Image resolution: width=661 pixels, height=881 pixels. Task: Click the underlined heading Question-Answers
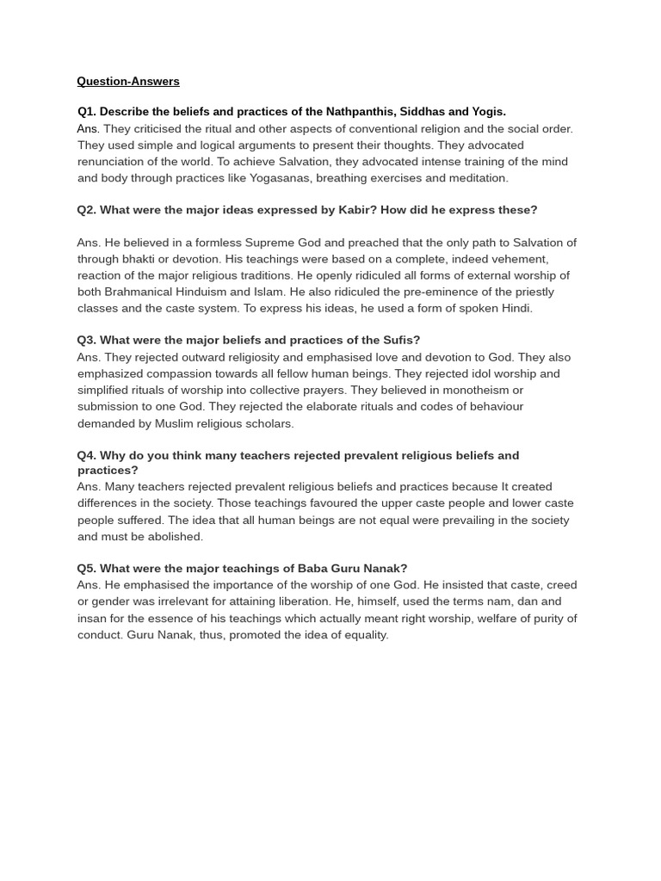point(128,82)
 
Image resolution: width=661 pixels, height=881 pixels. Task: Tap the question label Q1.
point(87,112)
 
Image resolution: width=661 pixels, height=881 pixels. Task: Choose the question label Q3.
point(86,341)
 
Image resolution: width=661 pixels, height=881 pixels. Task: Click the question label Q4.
point(86,455)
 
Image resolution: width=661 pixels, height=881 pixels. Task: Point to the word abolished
point(176,536)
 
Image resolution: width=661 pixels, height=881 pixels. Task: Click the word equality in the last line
point(364,635)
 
